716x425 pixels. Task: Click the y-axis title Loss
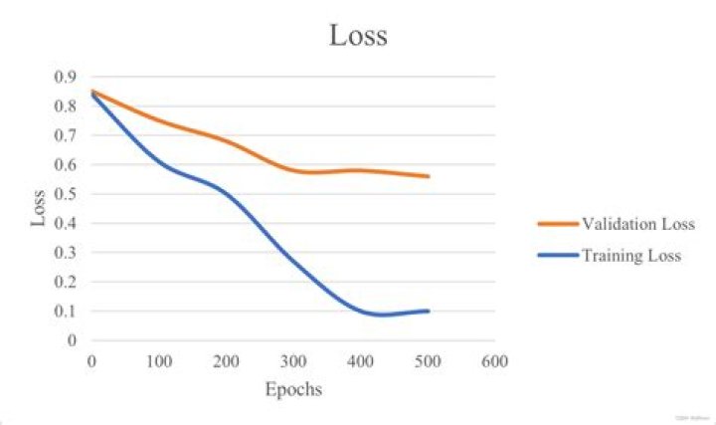[x=39, y=208]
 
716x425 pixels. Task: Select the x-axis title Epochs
[x=293, y=389]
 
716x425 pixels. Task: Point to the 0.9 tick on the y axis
[x=66, y=77]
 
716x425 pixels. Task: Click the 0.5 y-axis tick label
[x=66, y=194]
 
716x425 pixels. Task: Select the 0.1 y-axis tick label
[x=66, y=312]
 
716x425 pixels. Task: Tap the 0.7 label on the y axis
[x=66, y=135]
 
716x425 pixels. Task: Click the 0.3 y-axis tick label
[x=66, y=253]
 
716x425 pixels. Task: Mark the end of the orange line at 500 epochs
[x=428, y=176]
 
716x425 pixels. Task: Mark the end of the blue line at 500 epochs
[x=428, y=311]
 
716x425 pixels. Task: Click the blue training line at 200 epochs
[x=227, y=194]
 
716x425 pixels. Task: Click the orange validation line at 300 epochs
[x=293, y=170]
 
